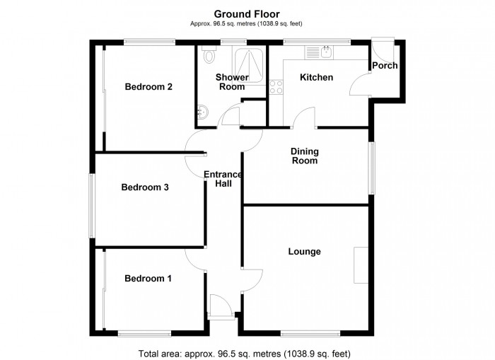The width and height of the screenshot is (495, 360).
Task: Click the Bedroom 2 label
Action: pos(149,87)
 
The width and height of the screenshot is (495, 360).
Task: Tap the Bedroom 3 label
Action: pos(144,187)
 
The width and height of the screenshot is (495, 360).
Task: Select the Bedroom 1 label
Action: pos(148,279)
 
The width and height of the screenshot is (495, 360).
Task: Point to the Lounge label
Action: pos(304,252)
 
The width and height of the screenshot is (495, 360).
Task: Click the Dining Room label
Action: pos(305,156)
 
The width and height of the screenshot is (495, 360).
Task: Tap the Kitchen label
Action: pos(316,77)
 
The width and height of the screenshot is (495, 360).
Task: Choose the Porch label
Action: pos(385,66)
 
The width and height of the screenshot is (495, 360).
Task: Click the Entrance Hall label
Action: pos(223,180)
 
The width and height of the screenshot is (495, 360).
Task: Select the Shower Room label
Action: pos(232,82)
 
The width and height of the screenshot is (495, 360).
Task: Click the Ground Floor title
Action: pos(247,13)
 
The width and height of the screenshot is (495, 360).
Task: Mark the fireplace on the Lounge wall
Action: pos(361,266)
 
